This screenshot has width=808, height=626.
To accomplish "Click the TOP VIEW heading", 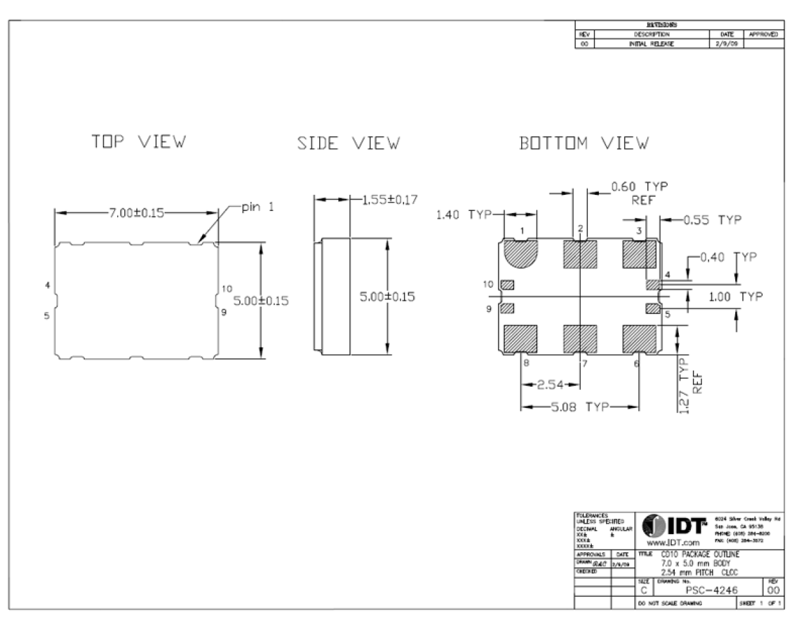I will tap(138, 142).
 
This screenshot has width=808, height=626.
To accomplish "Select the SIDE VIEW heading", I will tap(348, 143).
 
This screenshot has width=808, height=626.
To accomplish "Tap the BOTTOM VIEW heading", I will tap(584, 143).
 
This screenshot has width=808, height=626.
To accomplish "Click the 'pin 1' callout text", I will tap(257, 207).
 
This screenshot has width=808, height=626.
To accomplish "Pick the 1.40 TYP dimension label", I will tap(463, 214).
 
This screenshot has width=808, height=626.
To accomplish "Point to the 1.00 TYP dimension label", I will tap(735, 297).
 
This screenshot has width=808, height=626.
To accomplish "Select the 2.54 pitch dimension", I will tap(550, 385).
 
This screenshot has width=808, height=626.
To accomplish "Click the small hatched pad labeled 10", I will tap(507, 284).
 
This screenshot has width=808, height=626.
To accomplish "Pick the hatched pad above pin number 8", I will tap(520, 337).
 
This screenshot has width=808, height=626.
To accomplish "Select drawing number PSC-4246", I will tap(711, 590).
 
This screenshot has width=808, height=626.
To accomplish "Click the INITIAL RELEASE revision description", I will tap(651, 44).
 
